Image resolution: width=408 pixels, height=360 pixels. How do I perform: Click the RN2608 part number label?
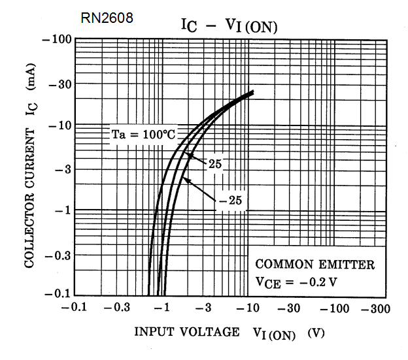click(107, 18)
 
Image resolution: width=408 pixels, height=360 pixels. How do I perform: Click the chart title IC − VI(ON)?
click(229, 25)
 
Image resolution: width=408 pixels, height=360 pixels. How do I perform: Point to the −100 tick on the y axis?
click(57, 40)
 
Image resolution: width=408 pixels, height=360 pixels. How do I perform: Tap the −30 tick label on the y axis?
click(59, 84)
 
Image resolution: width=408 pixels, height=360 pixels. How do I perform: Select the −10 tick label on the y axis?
click(59, 125)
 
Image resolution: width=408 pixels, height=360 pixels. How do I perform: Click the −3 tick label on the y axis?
click(63, 169)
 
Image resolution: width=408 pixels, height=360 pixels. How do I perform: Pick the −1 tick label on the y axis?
click(63, 210)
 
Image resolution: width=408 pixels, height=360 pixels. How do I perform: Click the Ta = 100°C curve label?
click(142, 135)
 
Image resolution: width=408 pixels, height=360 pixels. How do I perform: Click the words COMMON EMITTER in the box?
click(314, 265)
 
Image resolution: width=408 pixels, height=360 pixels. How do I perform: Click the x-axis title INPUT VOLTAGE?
click(186, 332)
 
